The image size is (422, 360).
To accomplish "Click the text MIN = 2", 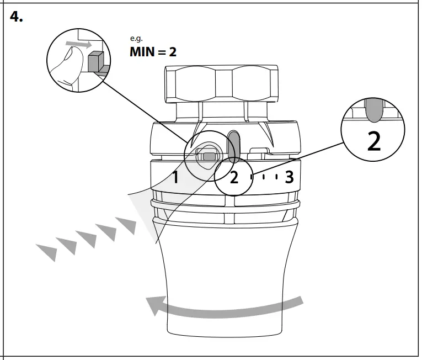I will tap(153, 52).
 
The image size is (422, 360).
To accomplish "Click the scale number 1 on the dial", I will tap(175, 178).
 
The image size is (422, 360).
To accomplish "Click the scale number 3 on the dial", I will tap(289, 177).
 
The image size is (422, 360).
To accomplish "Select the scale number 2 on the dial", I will tap(234, 178).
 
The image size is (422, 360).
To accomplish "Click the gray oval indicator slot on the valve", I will tap(234, 141).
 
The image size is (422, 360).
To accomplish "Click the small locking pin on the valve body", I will tap(208, 156).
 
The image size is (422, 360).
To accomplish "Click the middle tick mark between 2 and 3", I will tap(263, 177).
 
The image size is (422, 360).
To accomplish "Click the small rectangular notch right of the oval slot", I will tap(257, 150).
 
